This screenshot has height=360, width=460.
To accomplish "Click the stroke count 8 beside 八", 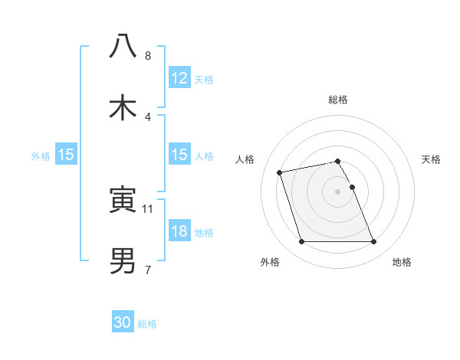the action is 148,56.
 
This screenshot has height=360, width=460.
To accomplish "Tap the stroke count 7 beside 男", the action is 148,270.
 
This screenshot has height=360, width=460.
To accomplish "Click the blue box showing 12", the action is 179,78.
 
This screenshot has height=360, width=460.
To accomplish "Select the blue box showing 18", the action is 179,231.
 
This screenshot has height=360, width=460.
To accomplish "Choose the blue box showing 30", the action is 123,322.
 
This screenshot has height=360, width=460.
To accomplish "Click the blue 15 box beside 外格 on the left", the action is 66,155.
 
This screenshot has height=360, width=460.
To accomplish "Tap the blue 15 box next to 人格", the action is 179,155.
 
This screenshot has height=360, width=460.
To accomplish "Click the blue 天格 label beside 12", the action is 204,79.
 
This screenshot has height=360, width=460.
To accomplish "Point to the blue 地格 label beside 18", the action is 204,232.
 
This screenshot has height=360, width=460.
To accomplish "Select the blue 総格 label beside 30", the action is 147,323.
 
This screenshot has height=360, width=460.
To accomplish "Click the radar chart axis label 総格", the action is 338,100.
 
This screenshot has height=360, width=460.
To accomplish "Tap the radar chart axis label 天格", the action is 432,159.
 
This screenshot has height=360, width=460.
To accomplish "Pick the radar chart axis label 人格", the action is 245,159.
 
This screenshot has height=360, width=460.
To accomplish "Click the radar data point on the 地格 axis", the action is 373,242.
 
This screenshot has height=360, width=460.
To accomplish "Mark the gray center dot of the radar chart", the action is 338,191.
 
